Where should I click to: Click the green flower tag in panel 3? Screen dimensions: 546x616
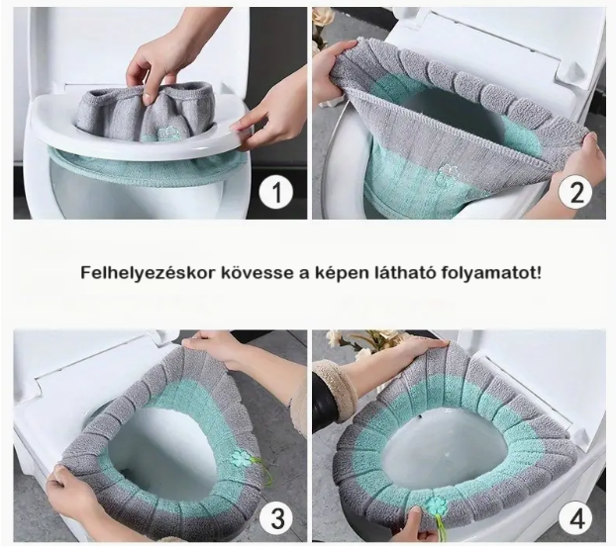tap(239, 459)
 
